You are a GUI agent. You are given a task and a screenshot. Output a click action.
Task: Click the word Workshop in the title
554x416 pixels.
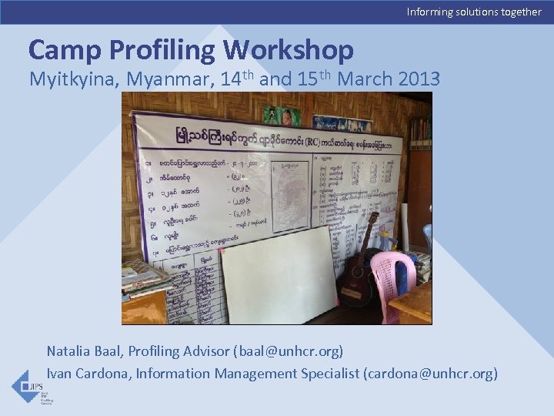coord(289,50)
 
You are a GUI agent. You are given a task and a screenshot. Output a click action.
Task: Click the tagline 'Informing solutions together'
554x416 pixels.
coord(474,12)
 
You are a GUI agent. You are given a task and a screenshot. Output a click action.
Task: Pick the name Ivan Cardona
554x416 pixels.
coord(85,374)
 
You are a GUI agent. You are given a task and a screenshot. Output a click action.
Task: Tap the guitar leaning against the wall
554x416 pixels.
coord(360,270)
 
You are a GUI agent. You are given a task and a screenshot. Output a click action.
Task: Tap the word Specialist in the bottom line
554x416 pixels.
coord(324,374)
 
